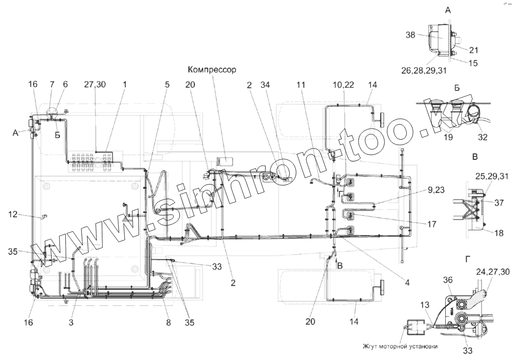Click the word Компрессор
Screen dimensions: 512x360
pos(212,70)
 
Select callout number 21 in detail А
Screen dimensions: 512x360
pos(474,49)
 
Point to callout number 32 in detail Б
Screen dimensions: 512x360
pos(482,137)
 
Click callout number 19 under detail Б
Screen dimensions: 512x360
pos(448,137)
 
